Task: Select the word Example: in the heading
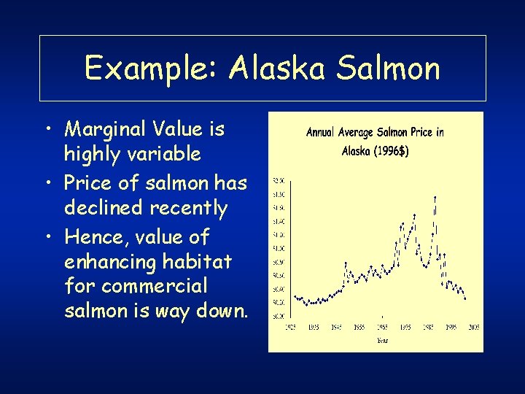(152, 69)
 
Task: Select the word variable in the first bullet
(170, 154)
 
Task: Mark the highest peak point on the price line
(435, 197)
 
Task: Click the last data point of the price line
(465, 298)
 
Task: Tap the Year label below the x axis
(383, 340)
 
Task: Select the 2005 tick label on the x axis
(473, 328)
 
